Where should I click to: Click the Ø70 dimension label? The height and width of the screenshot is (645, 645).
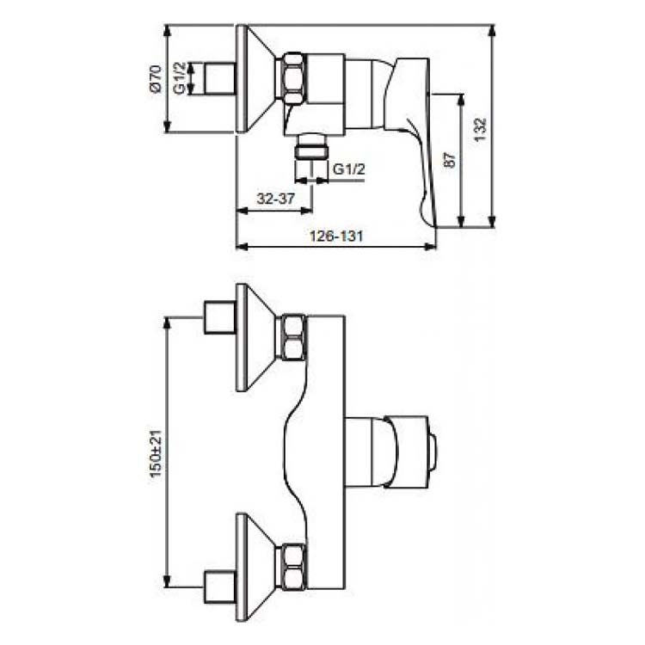click(157, 78)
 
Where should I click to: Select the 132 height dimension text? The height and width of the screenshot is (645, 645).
click(480, 130)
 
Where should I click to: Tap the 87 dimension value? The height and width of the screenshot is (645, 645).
click(450, 160)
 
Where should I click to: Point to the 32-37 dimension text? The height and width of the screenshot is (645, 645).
click(275, 199)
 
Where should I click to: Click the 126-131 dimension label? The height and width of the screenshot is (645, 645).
click(336, 236)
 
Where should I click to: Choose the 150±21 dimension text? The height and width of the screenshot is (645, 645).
click(157, 454)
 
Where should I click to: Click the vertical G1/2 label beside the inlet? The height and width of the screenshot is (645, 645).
click(180, 78)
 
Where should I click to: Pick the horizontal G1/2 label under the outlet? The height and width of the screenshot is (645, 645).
click(349, 169)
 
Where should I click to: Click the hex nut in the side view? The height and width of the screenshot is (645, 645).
click(293, 77)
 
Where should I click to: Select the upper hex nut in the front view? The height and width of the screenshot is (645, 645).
click(293, 337)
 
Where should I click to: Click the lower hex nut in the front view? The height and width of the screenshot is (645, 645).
click(293, 566)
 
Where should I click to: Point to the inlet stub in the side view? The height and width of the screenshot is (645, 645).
click(220, 79)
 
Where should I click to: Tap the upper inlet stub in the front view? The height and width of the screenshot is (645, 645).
click(220, 317)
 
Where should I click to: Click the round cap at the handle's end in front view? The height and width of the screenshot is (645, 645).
click(433, 452)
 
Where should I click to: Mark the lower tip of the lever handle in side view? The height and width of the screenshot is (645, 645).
click(434, 226)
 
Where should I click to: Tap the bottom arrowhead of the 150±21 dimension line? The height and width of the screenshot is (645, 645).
click(167, 581)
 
